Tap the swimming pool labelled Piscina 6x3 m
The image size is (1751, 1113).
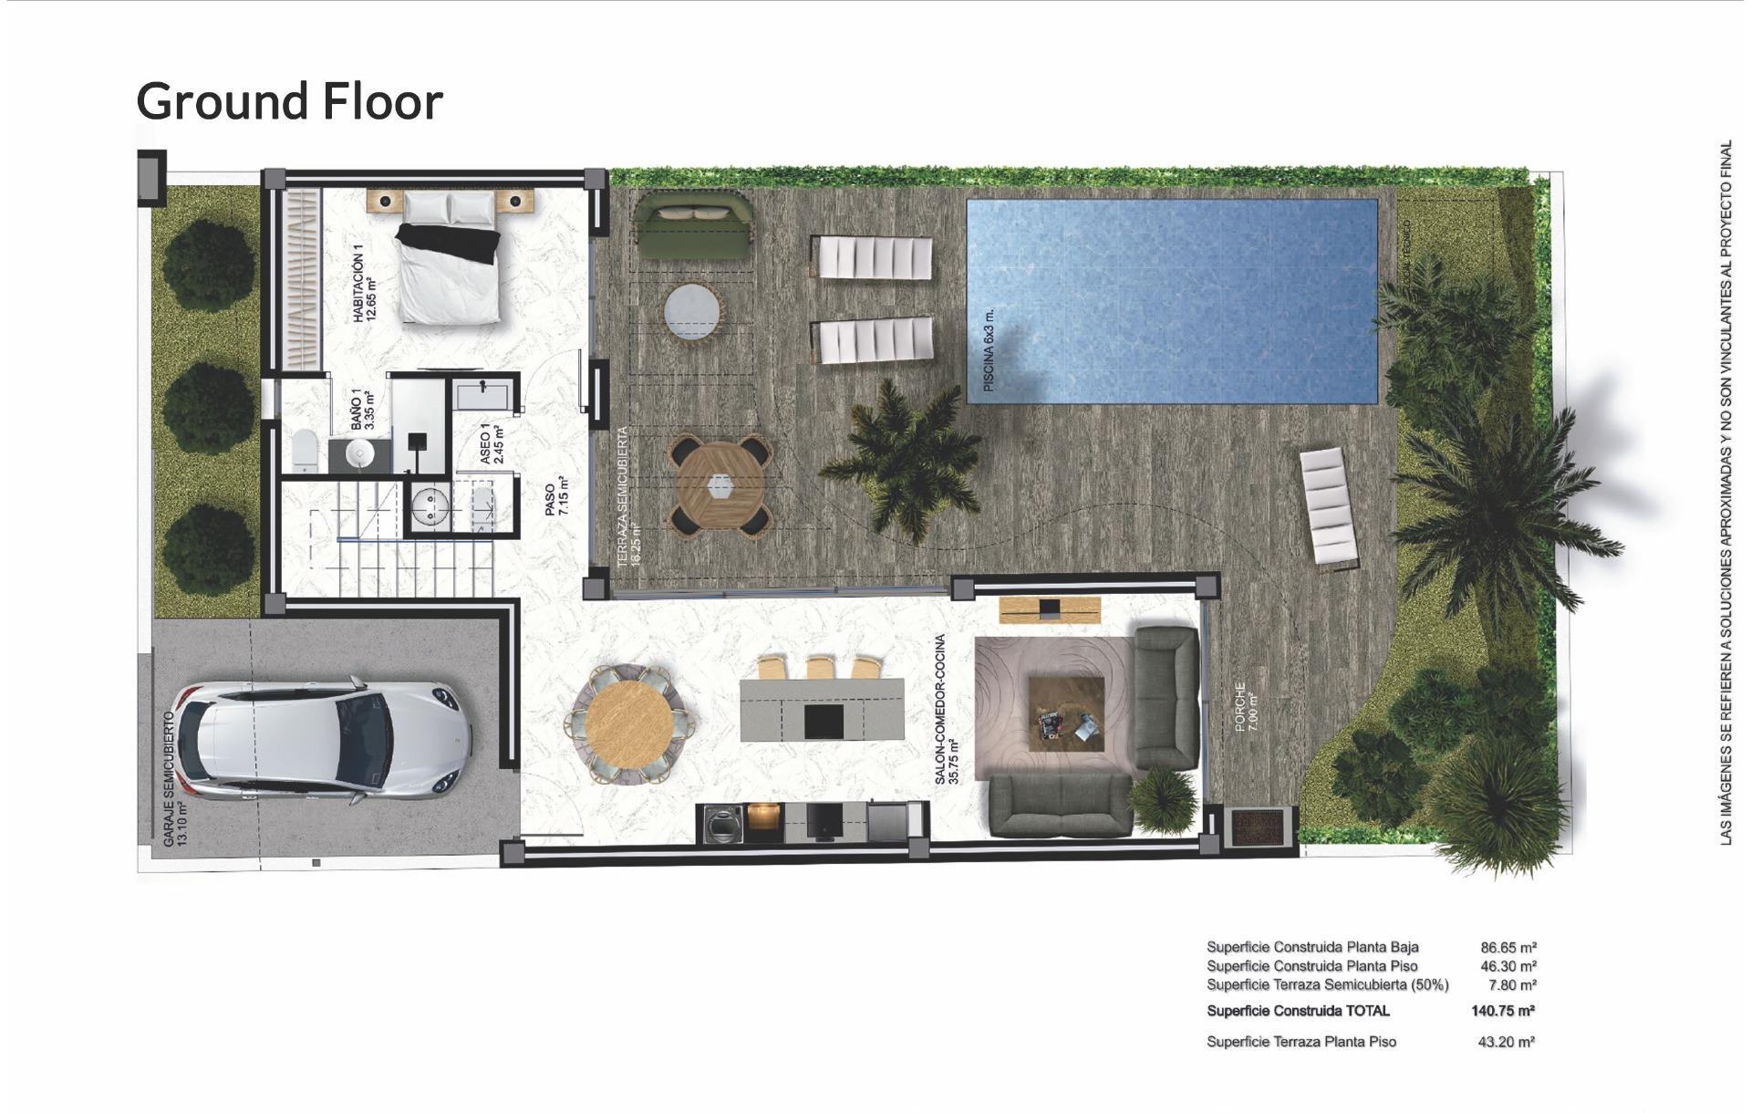tap(1172, 301)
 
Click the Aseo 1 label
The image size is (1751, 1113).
tap(492, 443)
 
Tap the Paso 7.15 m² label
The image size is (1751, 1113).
tap(556, 498)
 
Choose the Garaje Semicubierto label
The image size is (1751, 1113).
tap(174, 778)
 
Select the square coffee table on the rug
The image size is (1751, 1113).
tap(1065, 713)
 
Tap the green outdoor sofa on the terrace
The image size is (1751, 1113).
tap(694, 224)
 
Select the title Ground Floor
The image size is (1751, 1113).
tap(290, 101)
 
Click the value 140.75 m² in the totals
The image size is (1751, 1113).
tap(1502, 1011)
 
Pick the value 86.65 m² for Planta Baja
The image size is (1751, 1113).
tap(1508, 948)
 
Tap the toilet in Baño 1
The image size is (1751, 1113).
tap(305, 450)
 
